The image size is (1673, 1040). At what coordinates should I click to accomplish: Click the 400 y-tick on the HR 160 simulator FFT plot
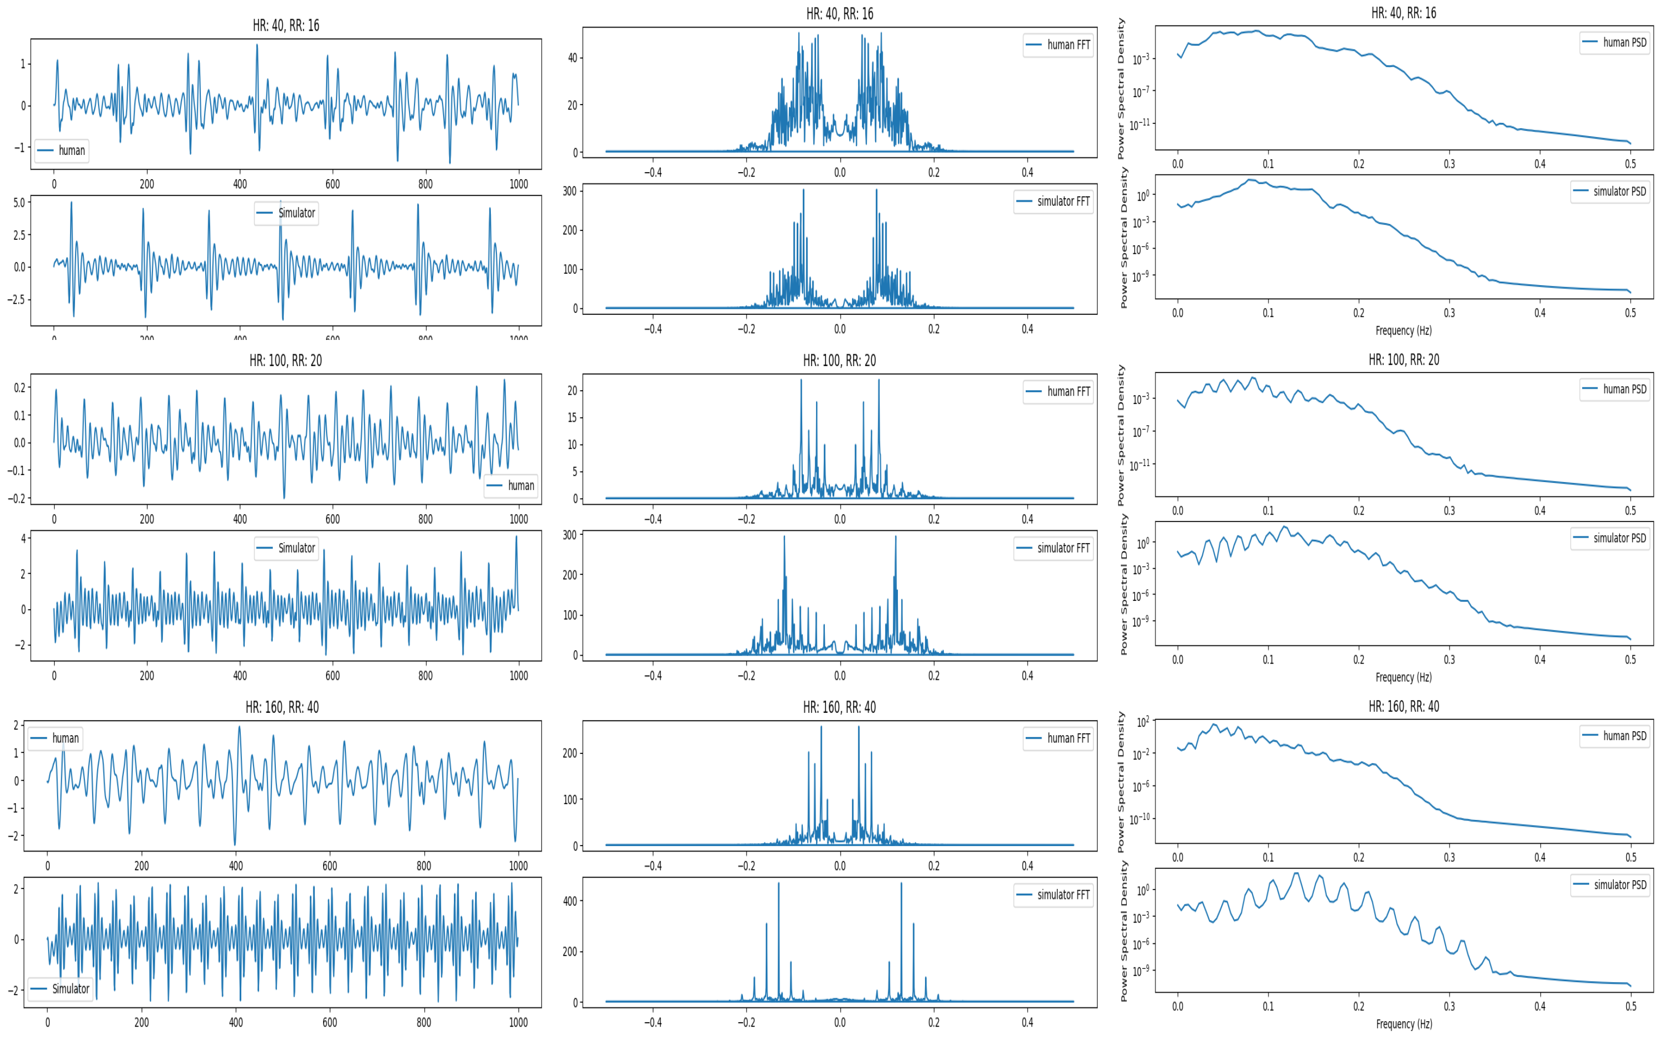click(x=569, y=901)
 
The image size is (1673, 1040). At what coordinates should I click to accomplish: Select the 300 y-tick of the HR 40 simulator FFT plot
click(x=569, y=191)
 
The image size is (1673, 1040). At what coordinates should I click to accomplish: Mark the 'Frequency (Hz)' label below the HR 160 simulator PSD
click(x=1404, y=1024)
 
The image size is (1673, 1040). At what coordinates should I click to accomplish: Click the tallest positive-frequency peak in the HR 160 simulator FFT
click(x=901, y=884)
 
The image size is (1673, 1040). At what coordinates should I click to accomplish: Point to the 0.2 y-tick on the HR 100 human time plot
click(x=19, y=388)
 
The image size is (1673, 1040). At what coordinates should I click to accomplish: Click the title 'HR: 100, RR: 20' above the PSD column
click(x=1404, y=360)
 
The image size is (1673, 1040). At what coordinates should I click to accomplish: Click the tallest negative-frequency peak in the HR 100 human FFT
click(x=801, y=380)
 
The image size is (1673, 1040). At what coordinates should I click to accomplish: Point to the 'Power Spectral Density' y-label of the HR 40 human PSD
click(x=1121, y=89)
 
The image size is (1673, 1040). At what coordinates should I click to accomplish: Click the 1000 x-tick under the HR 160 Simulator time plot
click(x=518, y=1022)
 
